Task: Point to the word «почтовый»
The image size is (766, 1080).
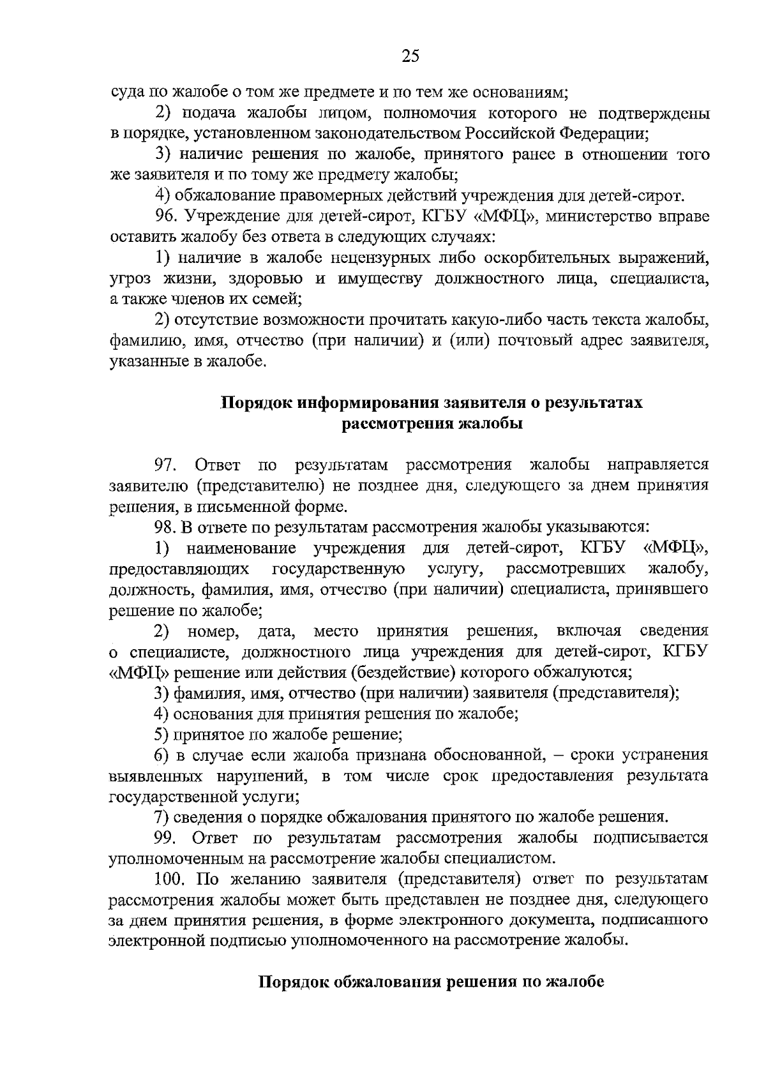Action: click(x=554, y=341)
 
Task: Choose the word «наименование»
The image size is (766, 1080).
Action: click(x=242, y=548)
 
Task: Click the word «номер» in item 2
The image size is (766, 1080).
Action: click(x=213, y=631)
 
